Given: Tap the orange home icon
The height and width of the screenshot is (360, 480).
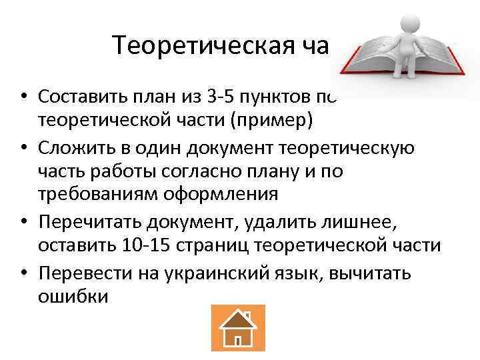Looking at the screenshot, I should pos(238,327).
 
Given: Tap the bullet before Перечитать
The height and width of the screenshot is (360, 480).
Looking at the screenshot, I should pos(24,221).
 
